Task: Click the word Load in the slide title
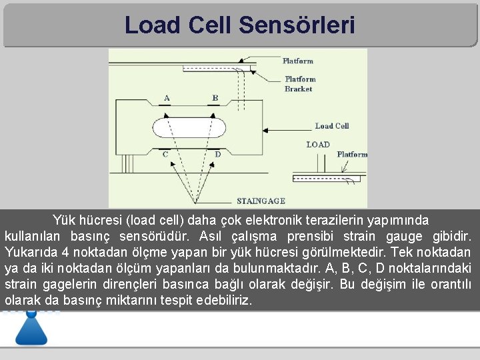tap(153, 25)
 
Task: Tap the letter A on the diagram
tap(167, 98)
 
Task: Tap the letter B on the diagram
tap(215, 98)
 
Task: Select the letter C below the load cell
tap(165, 154)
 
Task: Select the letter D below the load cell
tap(217, 154)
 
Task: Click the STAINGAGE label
tap(261, 201)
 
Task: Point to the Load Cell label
tap(332, 126)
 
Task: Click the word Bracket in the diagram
tap(298, 89)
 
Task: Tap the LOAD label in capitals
tap(318, 144)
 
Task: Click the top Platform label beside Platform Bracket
tap(298, 61)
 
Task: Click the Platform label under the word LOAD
tap(352, 154)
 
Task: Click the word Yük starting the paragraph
tap(64, 220)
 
